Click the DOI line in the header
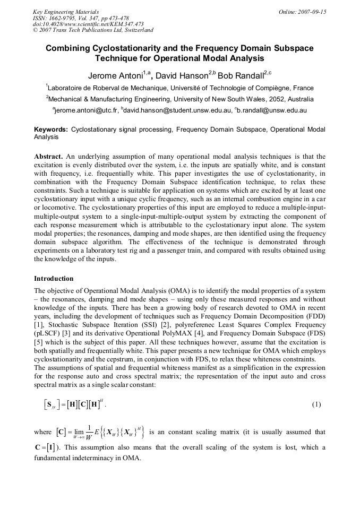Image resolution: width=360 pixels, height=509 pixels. pos(88,24)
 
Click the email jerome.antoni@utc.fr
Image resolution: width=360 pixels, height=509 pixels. pos(85,110)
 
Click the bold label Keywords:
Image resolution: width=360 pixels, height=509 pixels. pos(51,129)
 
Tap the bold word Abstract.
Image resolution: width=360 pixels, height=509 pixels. pos(48,157)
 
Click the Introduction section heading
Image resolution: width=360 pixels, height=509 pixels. pos(54,278)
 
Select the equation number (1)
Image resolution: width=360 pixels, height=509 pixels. pos(316,404)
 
